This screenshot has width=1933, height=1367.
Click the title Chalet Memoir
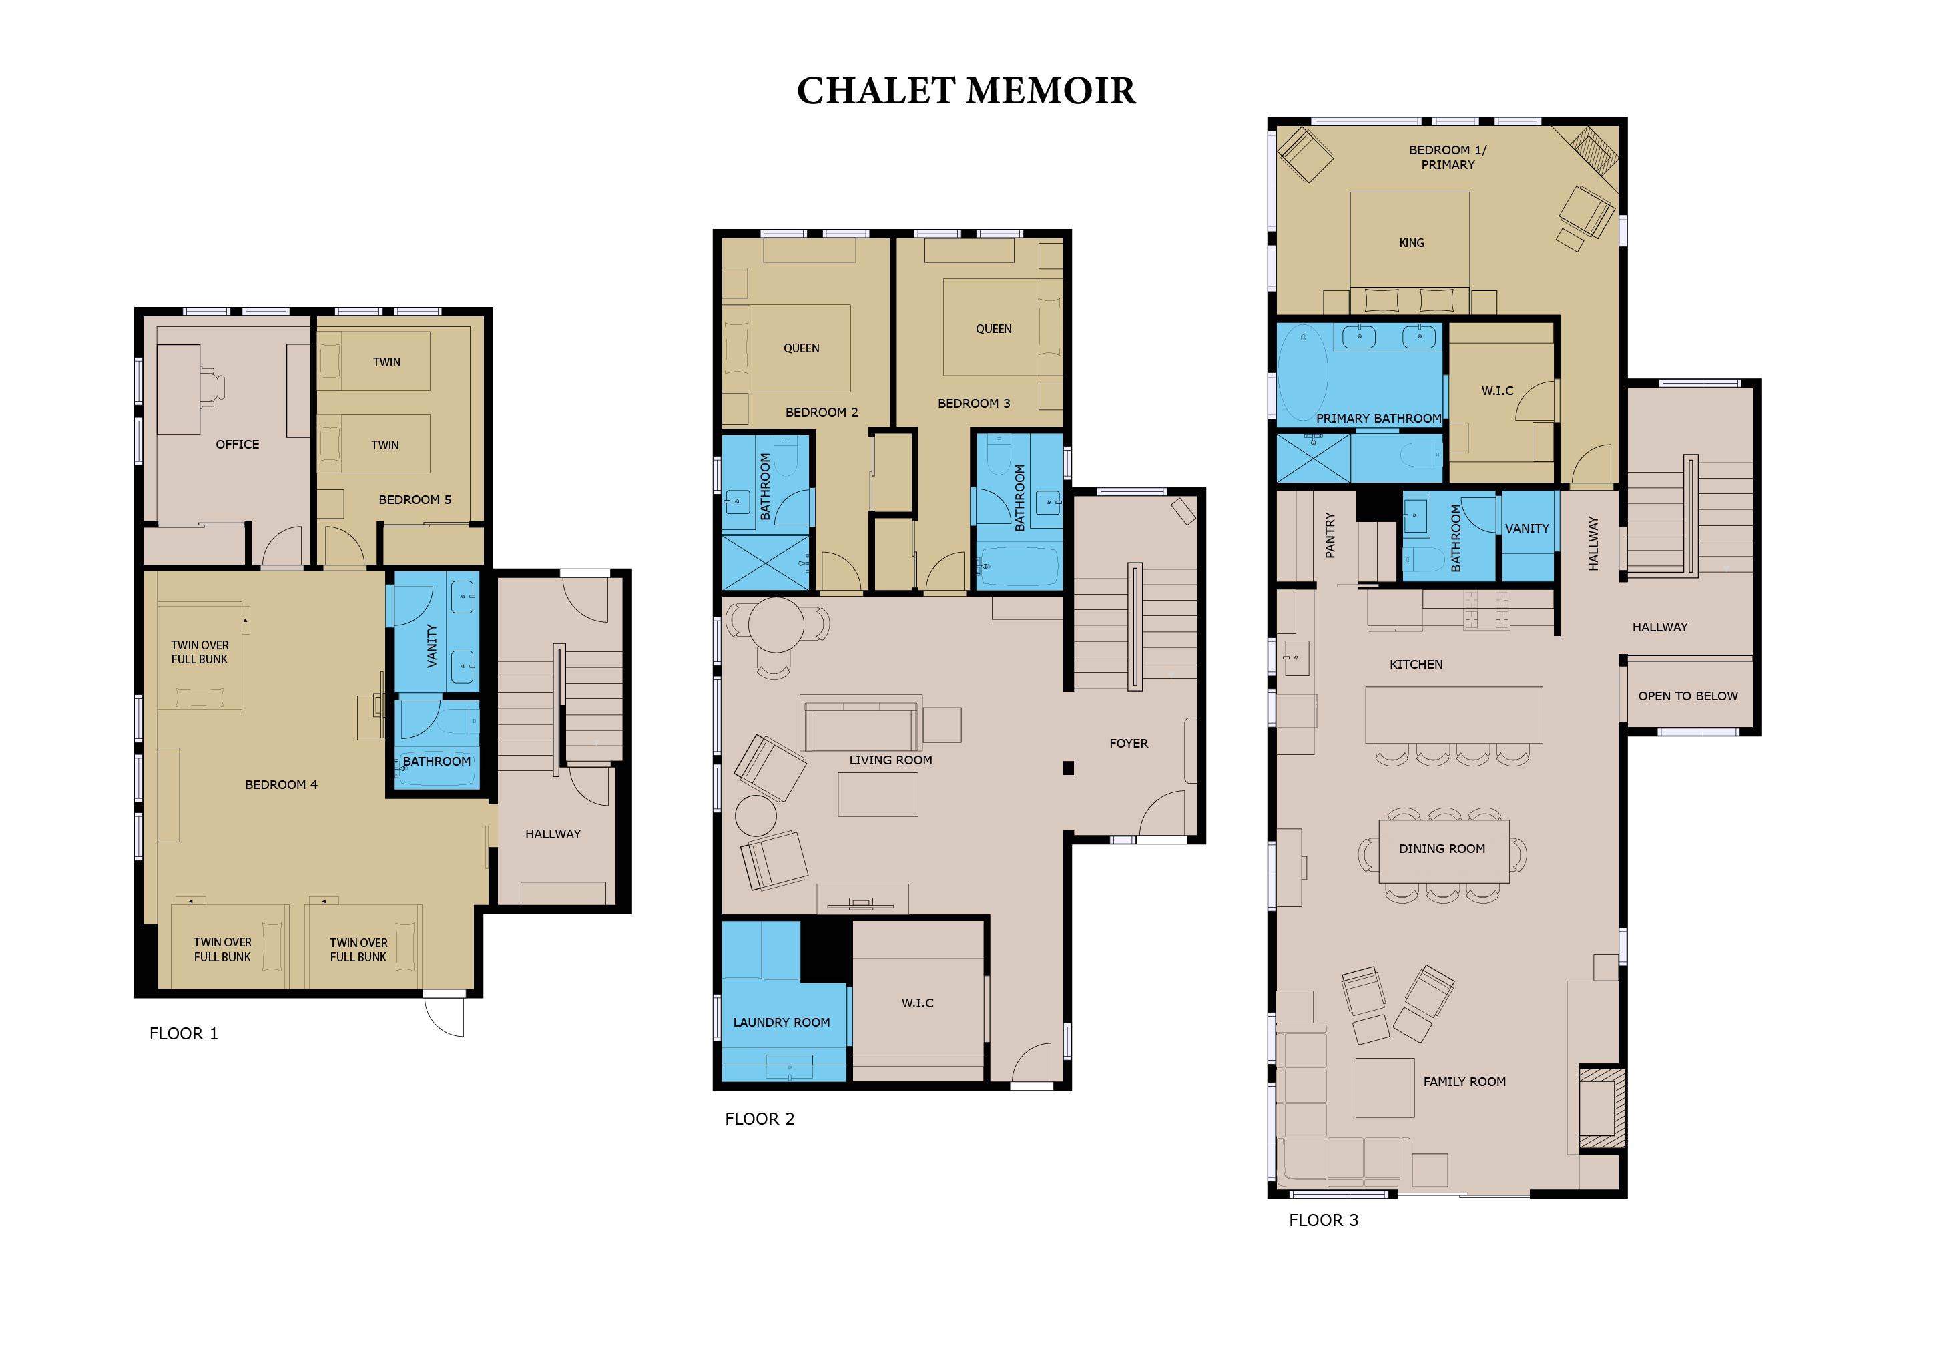click(966, 91)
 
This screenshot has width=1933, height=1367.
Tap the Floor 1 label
click(184, 1034)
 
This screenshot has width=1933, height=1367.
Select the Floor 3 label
click(1324, 1221)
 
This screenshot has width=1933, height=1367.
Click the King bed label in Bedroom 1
click(1412, 243)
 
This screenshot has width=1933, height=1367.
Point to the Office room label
click(238, 445)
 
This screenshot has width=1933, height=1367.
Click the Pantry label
click(1330, 535)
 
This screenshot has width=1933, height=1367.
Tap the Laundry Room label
click(782, 1023)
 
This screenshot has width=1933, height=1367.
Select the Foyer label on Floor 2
click(1129, 744)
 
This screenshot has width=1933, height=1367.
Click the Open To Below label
click(1688, 696)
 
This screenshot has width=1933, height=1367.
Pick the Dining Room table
click(1444, 851)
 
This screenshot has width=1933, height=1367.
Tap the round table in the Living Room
click(776, 623)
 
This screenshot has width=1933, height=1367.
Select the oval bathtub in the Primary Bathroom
click(1304, 374)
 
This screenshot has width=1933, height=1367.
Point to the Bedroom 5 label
click(415, 500)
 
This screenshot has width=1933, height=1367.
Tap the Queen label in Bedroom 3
click(993, 329)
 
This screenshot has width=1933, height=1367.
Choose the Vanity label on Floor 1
click(432, 645)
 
